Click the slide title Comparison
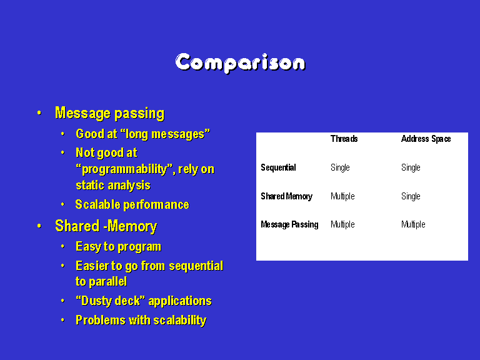click(240, 63)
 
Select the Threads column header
click(344, 139)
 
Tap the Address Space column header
click(426, 139)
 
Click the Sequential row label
click(278, 167)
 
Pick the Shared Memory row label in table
click(286, 196)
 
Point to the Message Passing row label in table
click(289, 225)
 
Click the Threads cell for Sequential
click(340, 167)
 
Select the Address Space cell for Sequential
click(411, 167)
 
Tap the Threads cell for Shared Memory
click(342, 196)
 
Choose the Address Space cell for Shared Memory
click(411, 196)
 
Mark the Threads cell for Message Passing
click(342, 225)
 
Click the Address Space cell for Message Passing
click(413, 225)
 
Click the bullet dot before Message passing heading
click(39, 113)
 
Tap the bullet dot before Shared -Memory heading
click(39, 226)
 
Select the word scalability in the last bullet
click(180, 321)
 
